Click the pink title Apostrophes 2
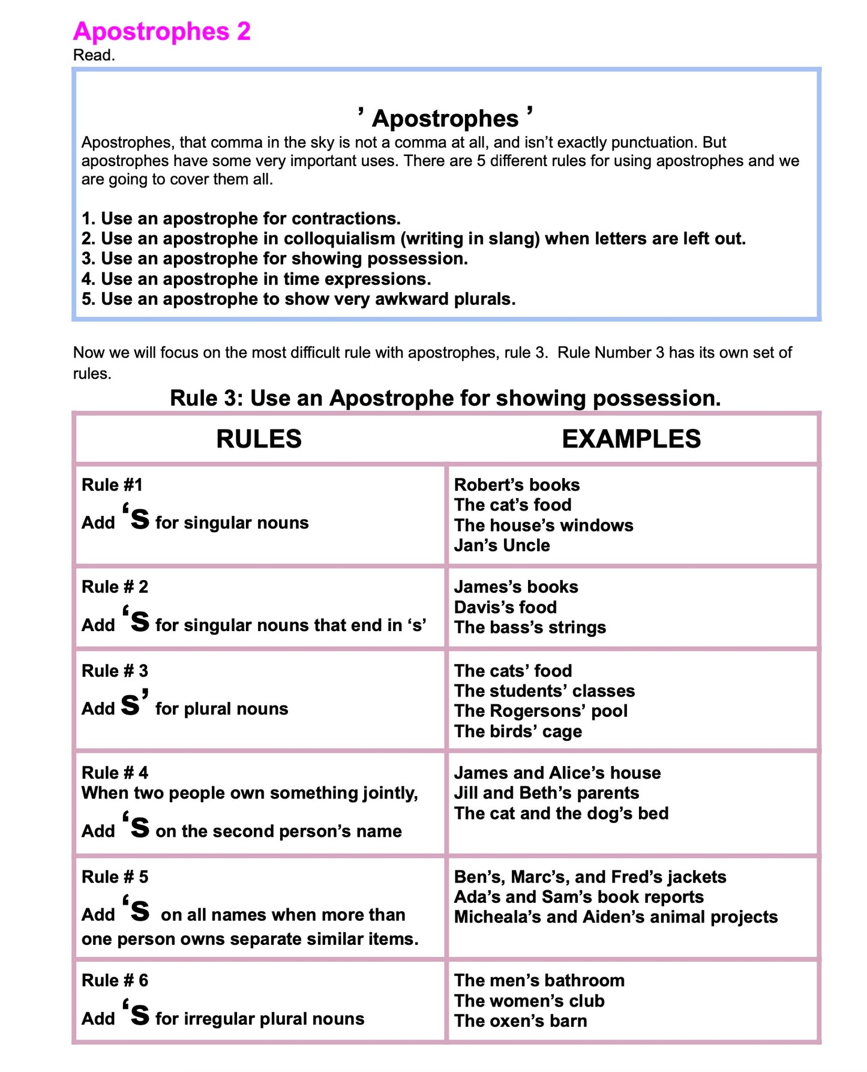point(161,31)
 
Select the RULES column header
point(259,439)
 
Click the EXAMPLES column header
point(631,439)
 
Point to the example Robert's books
point(517,485)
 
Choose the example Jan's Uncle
point(502,545)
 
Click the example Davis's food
point(505,607)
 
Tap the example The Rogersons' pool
point(541,711)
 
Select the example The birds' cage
point(518,731)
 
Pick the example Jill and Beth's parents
point(546,793)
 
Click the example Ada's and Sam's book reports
point(578,897)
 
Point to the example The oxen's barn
point(520,1021)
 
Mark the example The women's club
point(529,1001)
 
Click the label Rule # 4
point(115,773)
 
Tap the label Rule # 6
point(115,980)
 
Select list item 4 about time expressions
point(256,279)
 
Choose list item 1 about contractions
point(241,218)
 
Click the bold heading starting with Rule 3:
point(445,398)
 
